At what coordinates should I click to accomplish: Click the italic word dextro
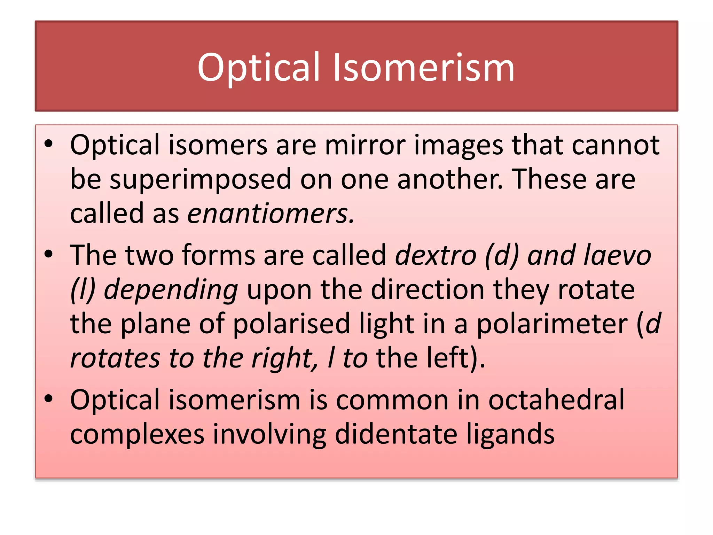[x=436, y=255]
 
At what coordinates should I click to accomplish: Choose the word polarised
[x=291, y=324]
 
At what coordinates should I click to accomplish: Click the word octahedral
[x=556, y=400]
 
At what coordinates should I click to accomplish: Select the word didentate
[x=396, y=434]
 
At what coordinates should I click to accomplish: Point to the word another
[x=450, y=179]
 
